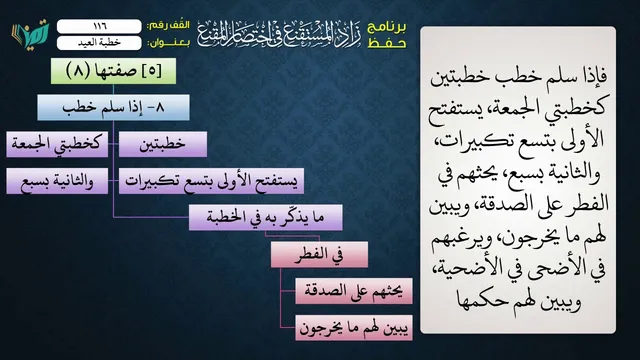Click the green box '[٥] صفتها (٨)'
[113, 71]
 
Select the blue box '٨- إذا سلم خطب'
[113, 107]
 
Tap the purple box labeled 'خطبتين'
[163, 144]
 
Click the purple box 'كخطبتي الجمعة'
[57, 144]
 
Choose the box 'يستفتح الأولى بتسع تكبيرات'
[211, 181]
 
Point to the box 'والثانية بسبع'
[57, 181]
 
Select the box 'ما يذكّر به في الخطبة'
[266, 218]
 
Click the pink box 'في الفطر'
[319, 255]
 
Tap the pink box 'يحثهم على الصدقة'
[354, 291]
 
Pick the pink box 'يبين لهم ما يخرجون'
[354, 328]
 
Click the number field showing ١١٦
[99, 26]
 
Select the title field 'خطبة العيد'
[99, 43]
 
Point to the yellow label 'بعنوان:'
[169, 43]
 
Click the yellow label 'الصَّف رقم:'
[169, 25]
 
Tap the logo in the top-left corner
[31, 34]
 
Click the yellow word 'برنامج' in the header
[387, 27]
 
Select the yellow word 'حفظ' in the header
[387, 43]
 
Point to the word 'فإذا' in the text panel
[590, 76]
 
